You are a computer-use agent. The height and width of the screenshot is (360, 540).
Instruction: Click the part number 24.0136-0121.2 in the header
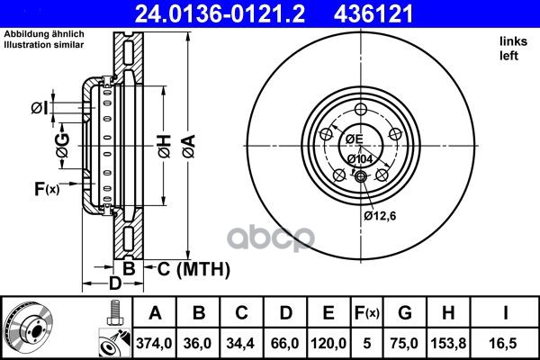point(220,13)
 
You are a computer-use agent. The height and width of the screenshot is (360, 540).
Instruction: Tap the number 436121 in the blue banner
point(373,13)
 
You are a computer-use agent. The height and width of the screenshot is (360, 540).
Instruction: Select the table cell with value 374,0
point(154,343)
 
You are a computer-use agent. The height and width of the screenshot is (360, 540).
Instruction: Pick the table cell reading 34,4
point(240,343)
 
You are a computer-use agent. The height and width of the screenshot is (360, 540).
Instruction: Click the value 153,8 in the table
point(448,343)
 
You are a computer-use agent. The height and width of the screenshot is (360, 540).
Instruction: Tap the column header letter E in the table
point(328,313)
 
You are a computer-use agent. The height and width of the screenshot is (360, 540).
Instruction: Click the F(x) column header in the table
point(367,313)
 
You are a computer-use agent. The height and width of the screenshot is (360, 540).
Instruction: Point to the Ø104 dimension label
point(360,159)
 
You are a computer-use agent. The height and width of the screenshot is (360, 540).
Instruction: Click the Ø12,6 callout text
point(380,216)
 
